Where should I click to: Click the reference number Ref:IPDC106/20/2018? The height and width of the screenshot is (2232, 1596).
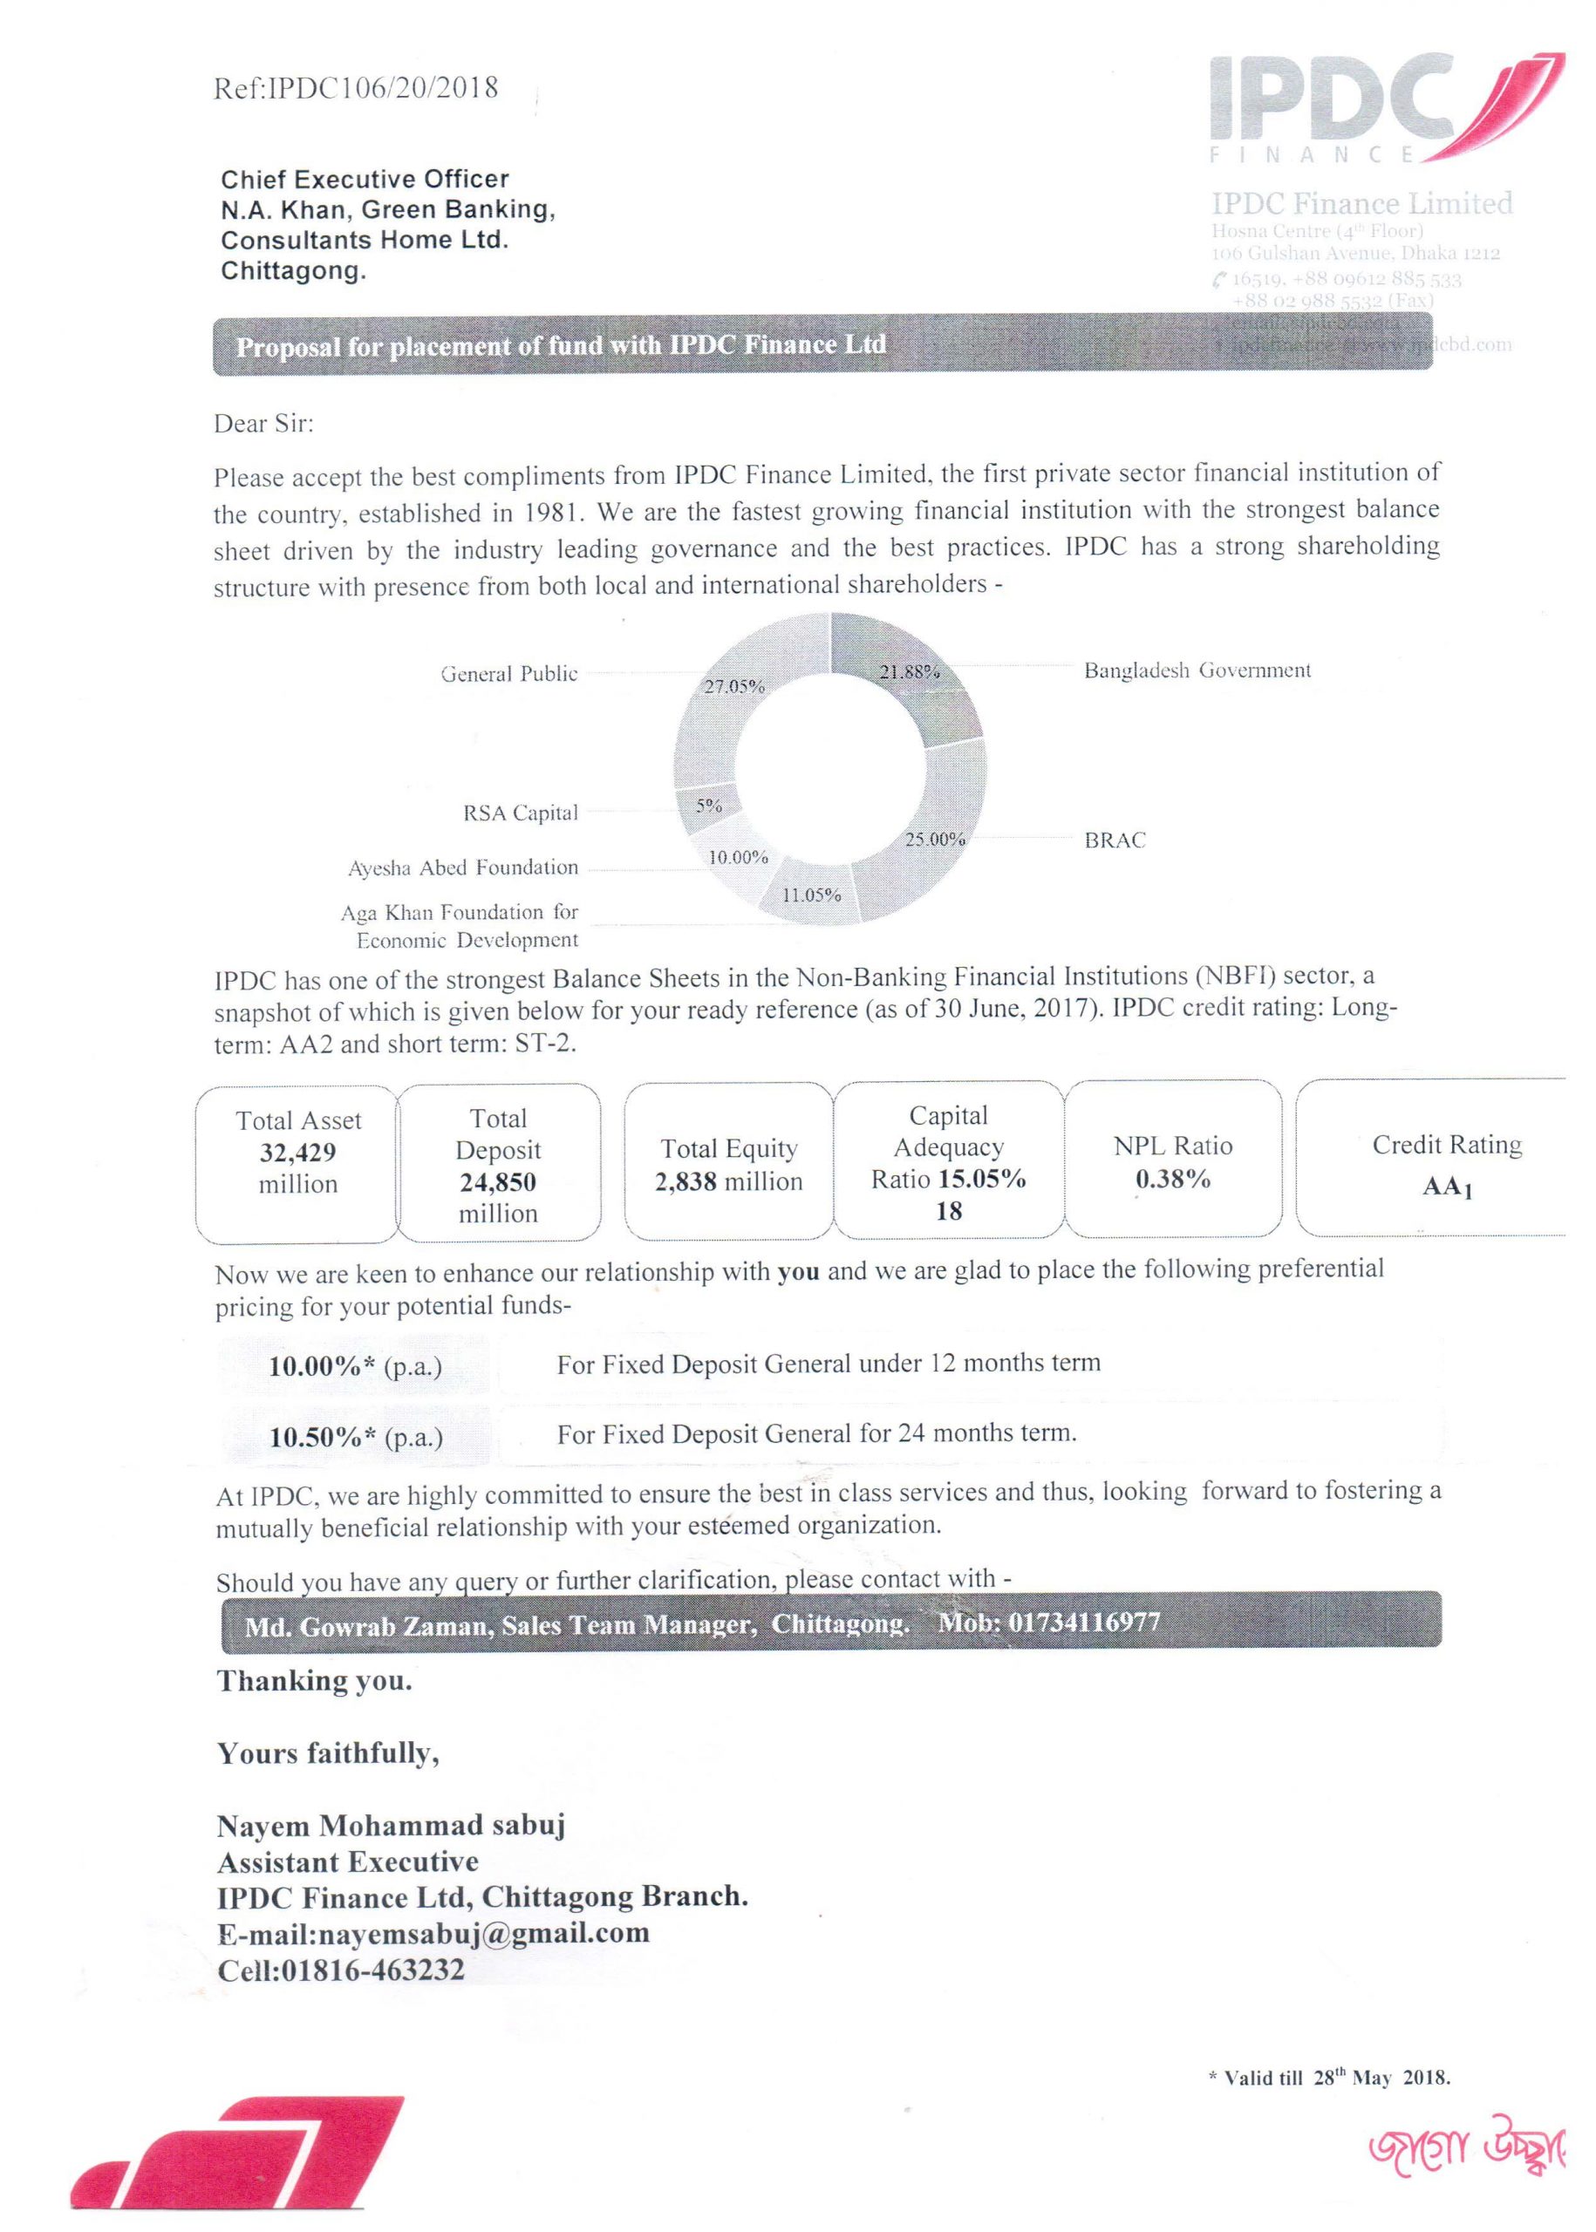coord(355,88)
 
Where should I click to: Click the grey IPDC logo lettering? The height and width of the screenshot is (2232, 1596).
coord(1332,99)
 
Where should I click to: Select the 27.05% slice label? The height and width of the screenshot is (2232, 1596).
coord(734,685)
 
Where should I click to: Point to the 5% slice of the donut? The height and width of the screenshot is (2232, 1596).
coord(708,806)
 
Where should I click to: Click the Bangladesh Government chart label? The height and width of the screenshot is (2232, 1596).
coord(1197,671)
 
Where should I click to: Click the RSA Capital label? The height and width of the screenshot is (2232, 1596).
coord(520,813)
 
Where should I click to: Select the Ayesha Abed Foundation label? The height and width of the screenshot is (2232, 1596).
coord(463,868)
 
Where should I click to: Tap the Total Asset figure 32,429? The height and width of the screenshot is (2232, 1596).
coord(297,1153)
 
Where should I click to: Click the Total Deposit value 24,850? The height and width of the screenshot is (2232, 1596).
coord(498,1181)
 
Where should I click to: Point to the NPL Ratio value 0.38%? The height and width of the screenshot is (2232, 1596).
coord(1172,1179)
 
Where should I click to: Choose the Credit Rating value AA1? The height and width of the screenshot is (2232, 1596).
coord(1447,1187)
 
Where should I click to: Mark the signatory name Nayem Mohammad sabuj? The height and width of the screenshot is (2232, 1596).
coord(391,1827)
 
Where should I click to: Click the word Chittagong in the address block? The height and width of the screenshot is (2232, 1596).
coord(293,271)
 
